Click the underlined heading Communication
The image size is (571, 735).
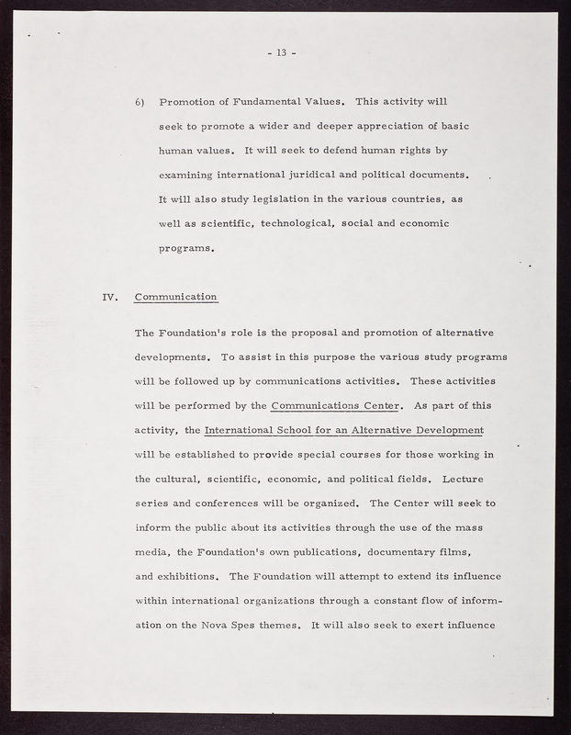(x=175, y=297)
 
